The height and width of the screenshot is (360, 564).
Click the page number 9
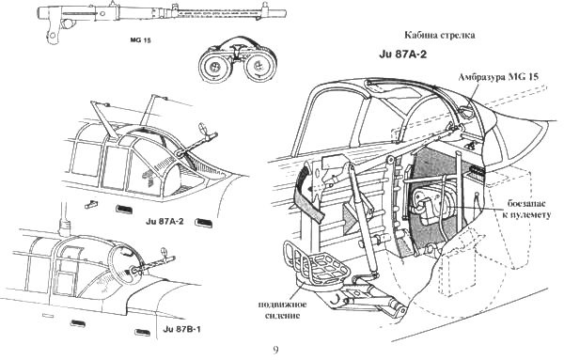coord(274,350)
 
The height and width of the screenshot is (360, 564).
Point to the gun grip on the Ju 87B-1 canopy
coord(142,268)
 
